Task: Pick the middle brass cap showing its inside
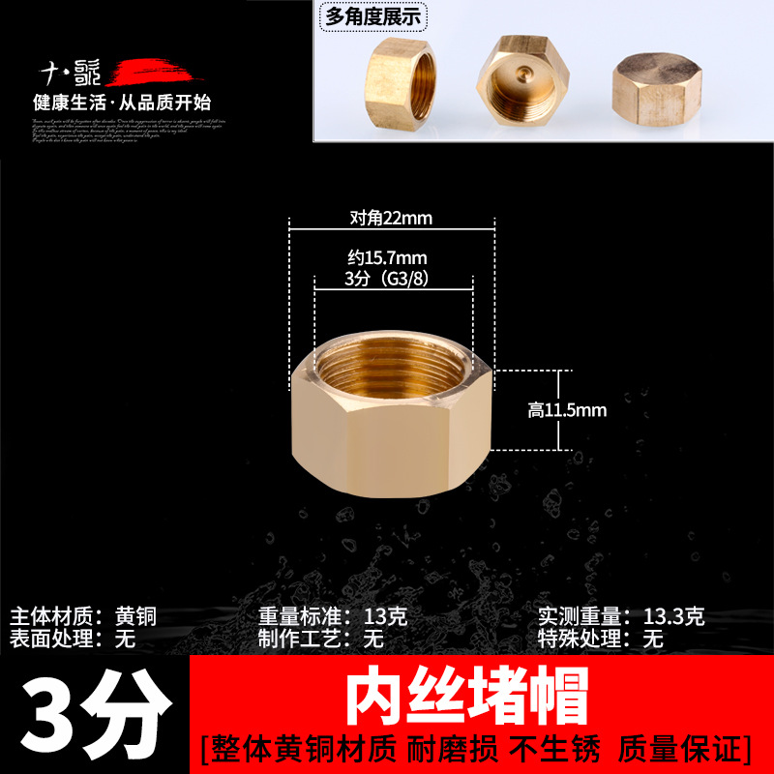521,76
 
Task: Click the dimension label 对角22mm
391,218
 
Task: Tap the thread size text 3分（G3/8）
393,279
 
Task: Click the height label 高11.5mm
567,410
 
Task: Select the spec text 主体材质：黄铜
82,616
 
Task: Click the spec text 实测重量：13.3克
621,616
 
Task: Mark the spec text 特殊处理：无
601,639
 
